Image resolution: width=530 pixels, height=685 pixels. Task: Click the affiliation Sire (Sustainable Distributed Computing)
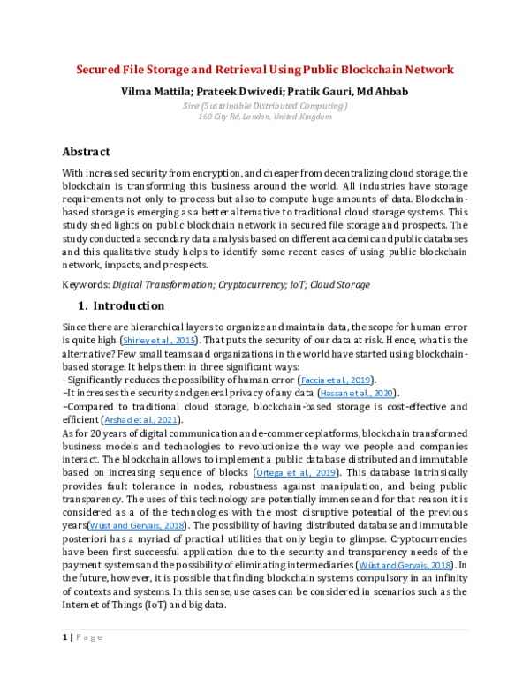[x=264, y=106]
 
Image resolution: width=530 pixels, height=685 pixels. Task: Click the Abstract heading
[x=86, y=151]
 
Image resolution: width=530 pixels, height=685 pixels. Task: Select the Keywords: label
[x=86, y=284]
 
